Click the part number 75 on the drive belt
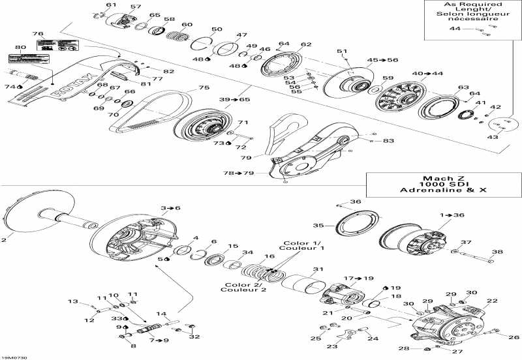(x=204, y=88)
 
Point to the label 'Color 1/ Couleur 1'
(x=301, y=246)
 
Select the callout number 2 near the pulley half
(x=4, y=240)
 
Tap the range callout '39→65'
(x=234, y=99)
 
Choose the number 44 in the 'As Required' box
(x=455, y=29)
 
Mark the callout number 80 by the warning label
(x=21, y=47)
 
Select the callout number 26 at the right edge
(x=515, y=337)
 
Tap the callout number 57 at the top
(x=135, y=7)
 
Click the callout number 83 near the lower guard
(x=389, y=141)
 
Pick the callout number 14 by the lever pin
(x=161, y=314)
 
